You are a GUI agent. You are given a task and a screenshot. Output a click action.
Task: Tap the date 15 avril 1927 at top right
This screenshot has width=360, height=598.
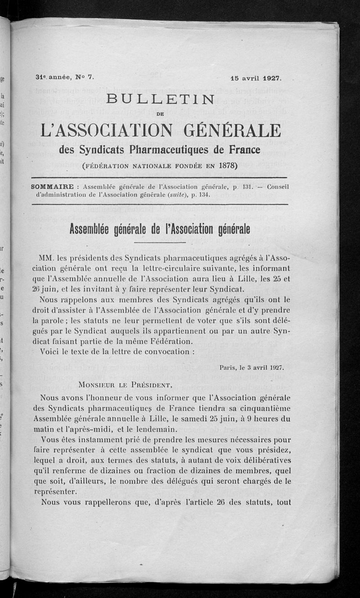click(x=256, y=77)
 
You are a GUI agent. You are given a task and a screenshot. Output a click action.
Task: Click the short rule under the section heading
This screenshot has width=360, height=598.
click(x=160, y=242)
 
